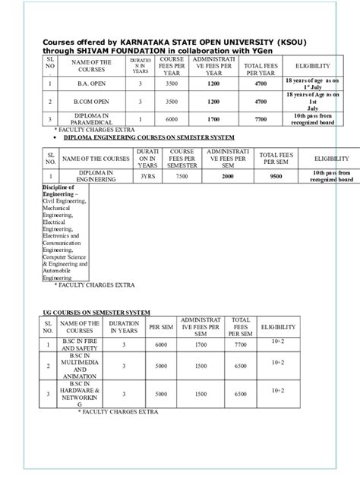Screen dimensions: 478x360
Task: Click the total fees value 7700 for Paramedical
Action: coord(261,119)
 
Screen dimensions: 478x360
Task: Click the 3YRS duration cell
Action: coord(147,176)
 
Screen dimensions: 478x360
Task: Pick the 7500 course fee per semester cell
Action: coord(182,176)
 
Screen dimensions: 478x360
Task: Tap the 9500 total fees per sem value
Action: coord(276,176)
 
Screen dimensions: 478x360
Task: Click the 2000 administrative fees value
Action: coord(227,176)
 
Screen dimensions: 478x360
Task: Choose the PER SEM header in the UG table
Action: coord(159,327)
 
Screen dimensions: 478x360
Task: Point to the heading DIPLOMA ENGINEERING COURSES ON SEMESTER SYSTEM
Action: coord(148,140)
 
